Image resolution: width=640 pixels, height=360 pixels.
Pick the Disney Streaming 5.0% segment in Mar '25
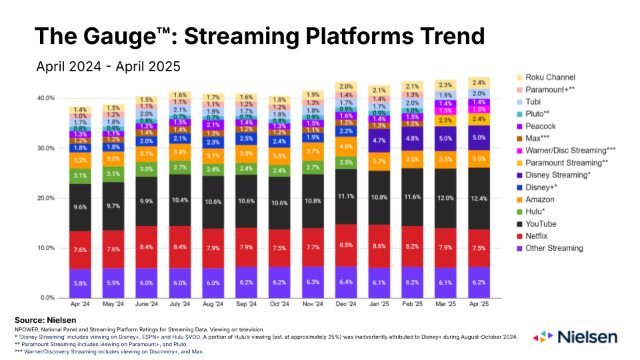(446, 139)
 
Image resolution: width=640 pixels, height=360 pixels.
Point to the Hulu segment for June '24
(147, 169)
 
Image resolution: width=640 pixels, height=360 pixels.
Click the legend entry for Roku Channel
(551, 77)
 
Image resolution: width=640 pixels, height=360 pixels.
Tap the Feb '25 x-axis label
(413, 305)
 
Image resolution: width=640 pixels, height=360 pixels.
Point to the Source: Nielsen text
(45, 321)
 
